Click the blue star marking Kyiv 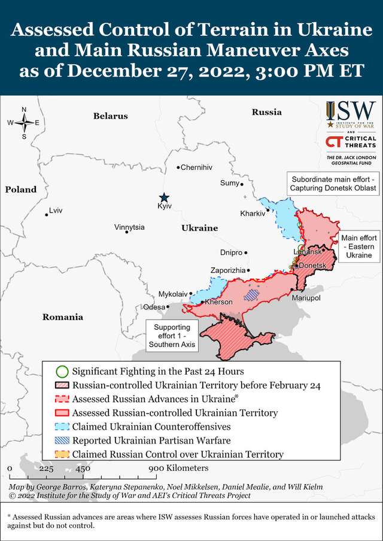164,197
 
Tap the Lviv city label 56,211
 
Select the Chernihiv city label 196,167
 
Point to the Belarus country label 110,116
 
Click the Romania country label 62,317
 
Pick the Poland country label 21,189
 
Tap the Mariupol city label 306,297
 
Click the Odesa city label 154,307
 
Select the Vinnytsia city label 129,227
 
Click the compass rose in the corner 24,123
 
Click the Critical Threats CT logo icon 333,141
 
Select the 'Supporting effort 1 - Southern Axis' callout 172,336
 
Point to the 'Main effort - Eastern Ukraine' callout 358,246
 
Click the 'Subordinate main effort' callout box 333,184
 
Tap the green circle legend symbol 62,372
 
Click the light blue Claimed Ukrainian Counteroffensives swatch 62,427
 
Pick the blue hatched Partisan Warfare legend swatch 62,440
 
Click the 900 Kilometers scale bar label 179,468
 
